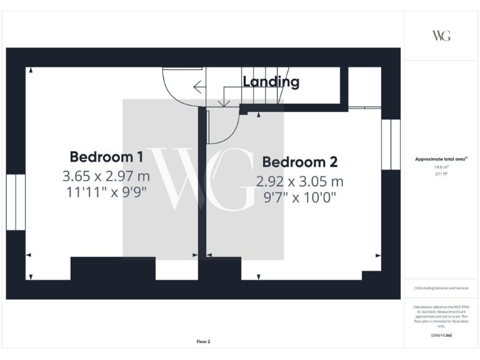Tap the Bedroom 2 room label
300,162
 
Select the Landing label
271,82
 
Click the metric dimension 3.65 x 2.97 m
107,175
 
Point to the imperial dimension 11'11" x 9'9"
107,192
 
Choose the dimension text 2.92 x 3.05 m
300,181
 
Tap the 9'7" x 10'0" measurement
300,198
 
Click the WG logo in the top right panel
441,36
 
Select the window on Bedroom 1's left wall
16,202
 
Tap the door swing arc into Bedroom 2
224,129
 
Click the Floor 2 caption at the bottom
204,342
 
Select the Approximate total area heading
441,159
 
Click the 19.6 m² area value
441,167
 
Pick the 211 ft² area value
441,174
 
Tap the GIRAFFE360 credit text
441,336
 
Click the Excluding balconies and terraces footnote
441,288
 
